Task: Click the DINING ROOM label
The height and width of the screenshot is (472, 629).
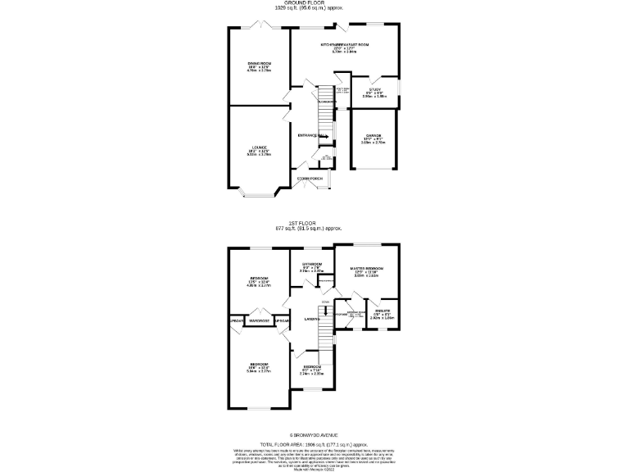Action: point(259,63)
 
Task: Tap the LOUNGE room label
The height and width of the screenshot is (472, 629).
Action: point(259,148)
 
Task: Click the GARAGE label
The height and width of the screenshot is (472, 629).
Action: point(373,136)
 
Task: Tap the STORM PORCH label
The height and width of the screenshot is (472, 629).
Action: point(310,178)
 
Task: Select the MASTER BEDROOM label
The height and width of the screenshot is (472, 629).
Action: point(366,268)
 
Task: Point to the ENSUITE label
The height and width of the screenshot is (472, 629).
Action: point(382,311)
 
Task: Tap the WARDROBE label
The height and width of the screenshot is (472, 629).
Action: point(260,320)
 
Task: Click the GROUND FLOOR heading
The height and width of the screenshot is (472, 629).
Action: point(314,4)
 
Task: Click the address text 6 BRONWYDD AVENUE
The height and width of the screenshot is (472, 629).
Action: point(314,434)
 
